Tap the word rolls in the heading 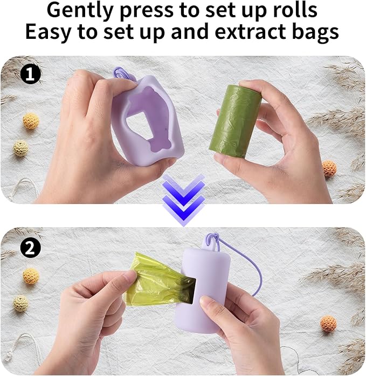point(290,10)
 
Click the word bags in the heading point(314,32)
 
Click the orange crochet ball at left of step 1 point(31,121)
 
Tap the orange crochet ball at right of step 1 point(329,168)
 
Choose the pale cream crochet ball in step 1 point(21,148)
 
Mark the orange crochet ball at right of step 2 point(328,324)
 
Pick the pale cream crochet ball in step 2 point(21,303)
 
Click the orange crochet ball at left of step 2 point(31,276)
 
